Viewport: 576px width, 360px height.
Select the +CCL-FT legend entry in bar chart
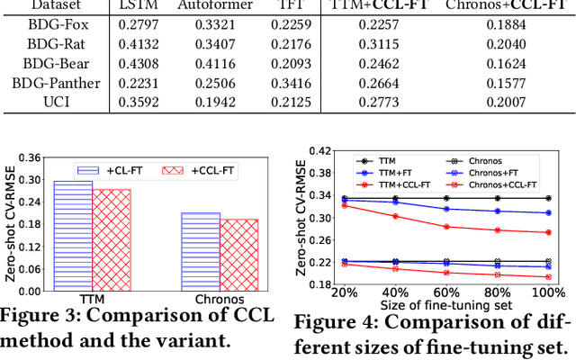tap(193, 169)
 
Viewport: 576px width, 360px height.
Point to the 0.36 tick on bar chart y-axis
tap(30, 157)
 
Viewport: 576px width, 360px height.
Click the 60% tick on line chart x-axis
tap(445, 295)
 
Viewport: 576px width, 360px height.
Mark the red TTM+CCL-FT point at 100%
tap(548, 232)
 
